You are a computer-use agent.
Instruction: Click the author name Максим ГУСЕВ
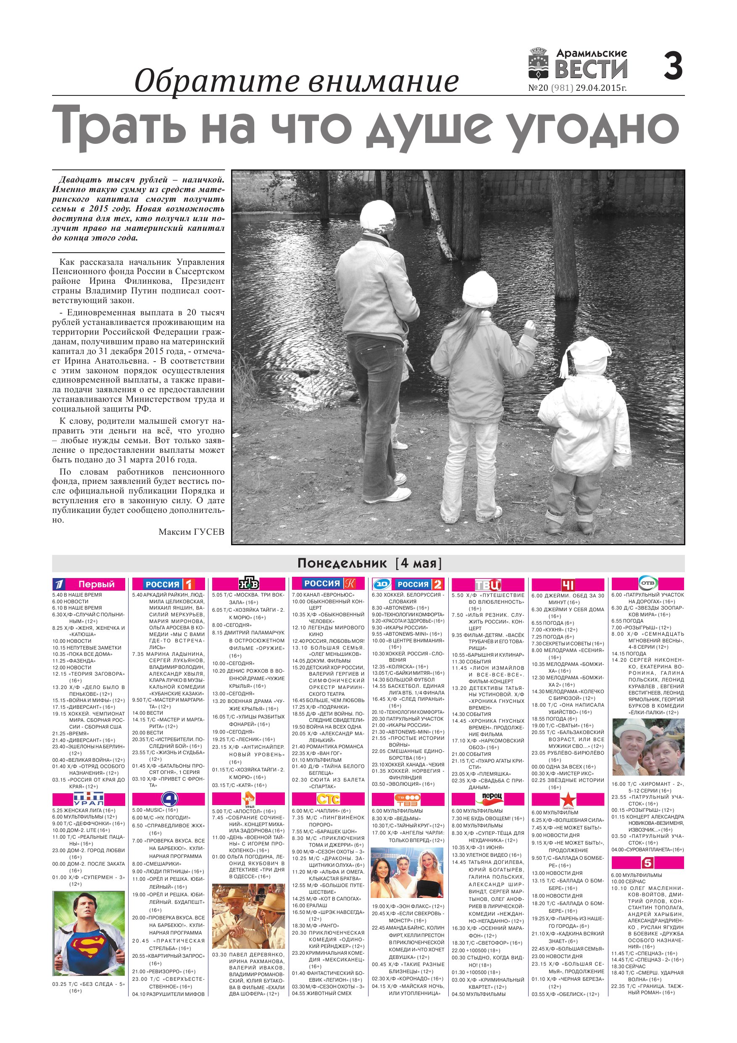click(x=191, y=531)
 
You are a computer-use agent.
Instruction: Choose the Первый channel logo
click(x=89, y=584)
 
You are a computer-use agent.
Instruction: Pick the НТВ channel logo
click(x=248, y=584)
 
